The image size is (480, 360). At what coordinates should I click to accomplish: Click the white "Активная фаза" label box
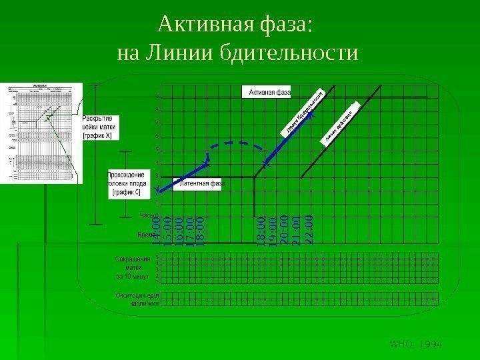(270, 91)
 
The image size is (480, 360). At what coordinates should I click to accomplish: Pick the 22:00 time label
(308, 229)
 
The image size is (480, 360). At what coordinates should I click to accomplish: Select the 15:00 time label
(168, 229)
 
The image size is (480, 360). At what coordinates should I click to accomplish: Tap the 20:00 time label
(285, 229)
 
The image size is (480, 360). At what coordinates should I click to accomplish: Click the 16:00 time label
(179, 229)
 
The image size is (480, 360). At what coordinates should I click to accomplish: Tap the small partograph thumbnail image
(41, 133)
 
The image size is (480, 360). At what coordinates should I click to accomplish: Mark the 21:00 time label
(297, 229)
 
